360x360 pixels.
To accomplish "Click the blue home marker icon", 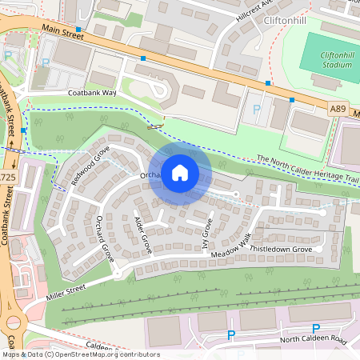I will coord(180,172).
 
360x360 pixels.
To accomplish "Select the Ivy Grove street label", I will coord(206,236).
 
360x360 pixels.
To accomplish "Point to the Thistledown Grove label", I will coord(283,250).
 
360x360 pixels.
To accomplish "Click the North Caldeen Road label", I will coord(314,341).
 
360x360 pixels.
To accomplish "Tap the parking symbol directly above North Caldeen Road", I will coord(315,328).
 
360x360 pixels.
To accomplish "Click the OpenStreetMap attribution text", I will coord(80,354).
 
